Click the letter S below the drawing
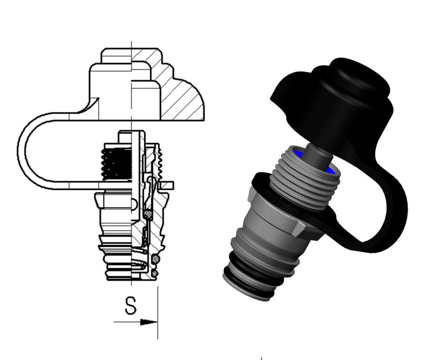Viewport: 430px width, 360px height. coord(130,305)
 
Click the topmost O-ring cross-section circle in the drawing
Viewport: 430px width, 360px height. coord(148,214)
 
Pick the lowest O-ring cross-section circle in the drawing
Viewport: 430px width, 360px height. coord(155,273)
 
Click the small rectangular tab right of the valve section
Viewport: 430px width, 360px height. coord(166,185)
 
